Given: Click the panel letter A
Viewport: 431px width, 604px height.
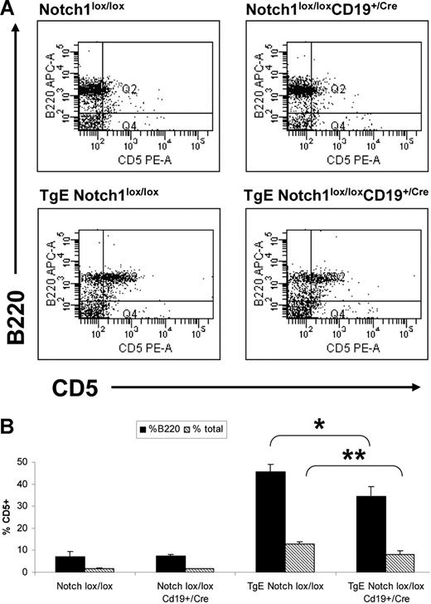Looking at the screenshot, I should pos(9,8).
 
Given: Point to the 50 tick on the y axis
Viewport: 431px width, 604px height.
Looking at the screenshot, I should pos(30,462).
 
